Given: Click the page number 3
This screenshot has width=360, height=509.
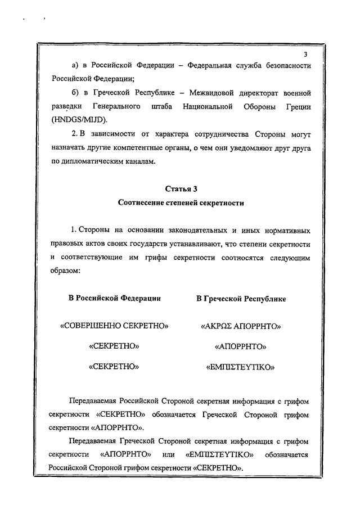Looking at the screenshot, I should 305,55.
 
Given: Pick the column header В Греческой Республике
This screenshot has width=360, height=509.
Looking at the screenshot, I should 241,299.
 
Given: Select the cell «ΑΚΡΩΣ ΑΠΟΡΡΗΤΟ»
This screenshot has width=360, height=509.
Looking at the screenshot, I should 241,326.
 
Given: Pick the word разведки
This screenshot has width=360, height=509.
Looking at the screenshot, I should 65,106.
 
